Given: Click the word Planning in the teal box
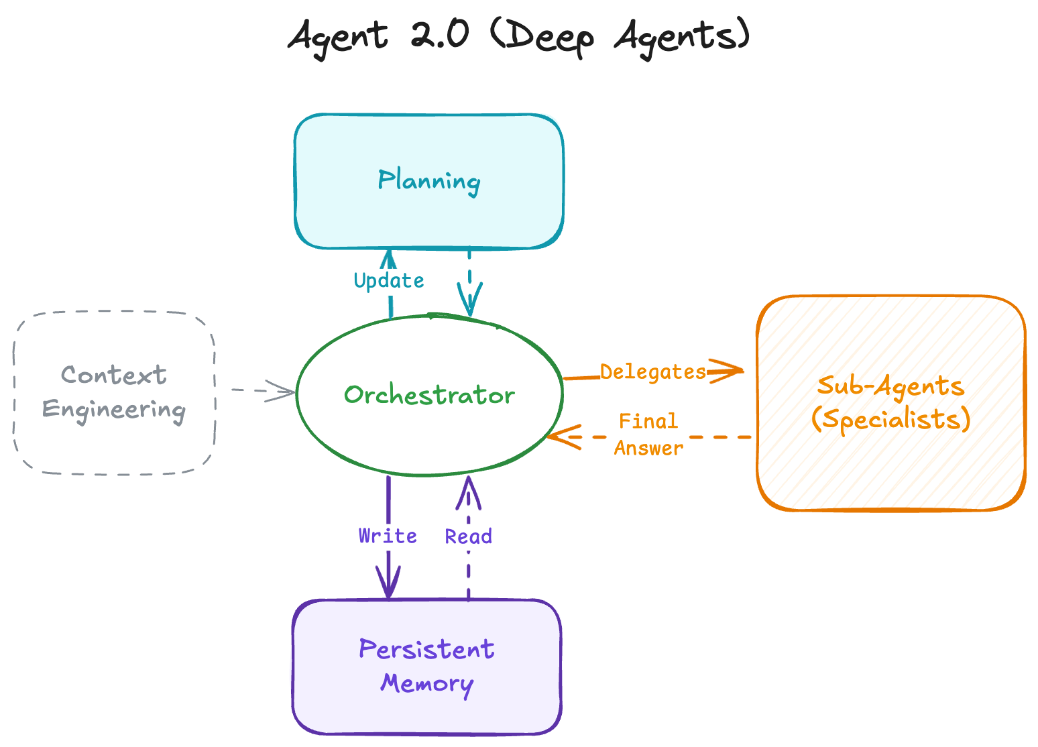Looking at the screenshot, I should pyautogui.click(x=428, y=181).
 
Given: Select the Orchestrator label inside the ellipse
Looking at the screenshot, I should pyautogui.click(x=429, y=395).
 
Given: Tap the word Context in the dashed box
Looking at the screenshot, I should pyautogui.click(x=113, y=375).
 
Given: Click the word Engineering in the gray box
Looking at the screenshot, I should pyautogui.click(x=113, y=410).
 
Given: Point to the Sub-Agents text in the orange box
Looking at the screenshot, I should pyautogui.click(x=890, y=386).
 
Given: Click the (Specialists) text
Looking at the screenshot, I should pyautogui.click(x=890, y=419).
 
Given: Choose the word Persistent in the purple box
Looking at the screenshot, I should pyautogui.click(x=426, y=649).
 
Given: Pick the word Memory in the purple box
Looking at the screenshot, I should pyautogui.click(x=426, y=683).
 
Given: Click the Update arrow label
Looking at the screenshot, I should pyautogui.click(x=389, y=280).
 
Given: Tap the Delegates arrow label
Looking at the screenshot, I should pyautogui.click(x=652, y=371).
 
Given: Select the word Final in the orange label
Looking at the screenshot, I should pyautogui.click(x=648, y=421).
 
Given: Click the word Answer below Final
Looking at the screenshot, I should pyautogui.click(x=648, y=448).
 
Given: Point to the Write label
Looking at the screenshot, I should pyautogui.click(x=388, y=536).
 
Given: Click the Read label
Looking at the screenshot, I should pyautogui.click(x=468, y=536).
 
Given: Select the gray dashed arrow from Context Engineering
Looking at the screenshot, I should pyautogui.click(x=262, y=390).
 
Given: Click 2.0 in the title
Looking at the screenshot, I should pyautogui.click(x=439, y=35).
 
